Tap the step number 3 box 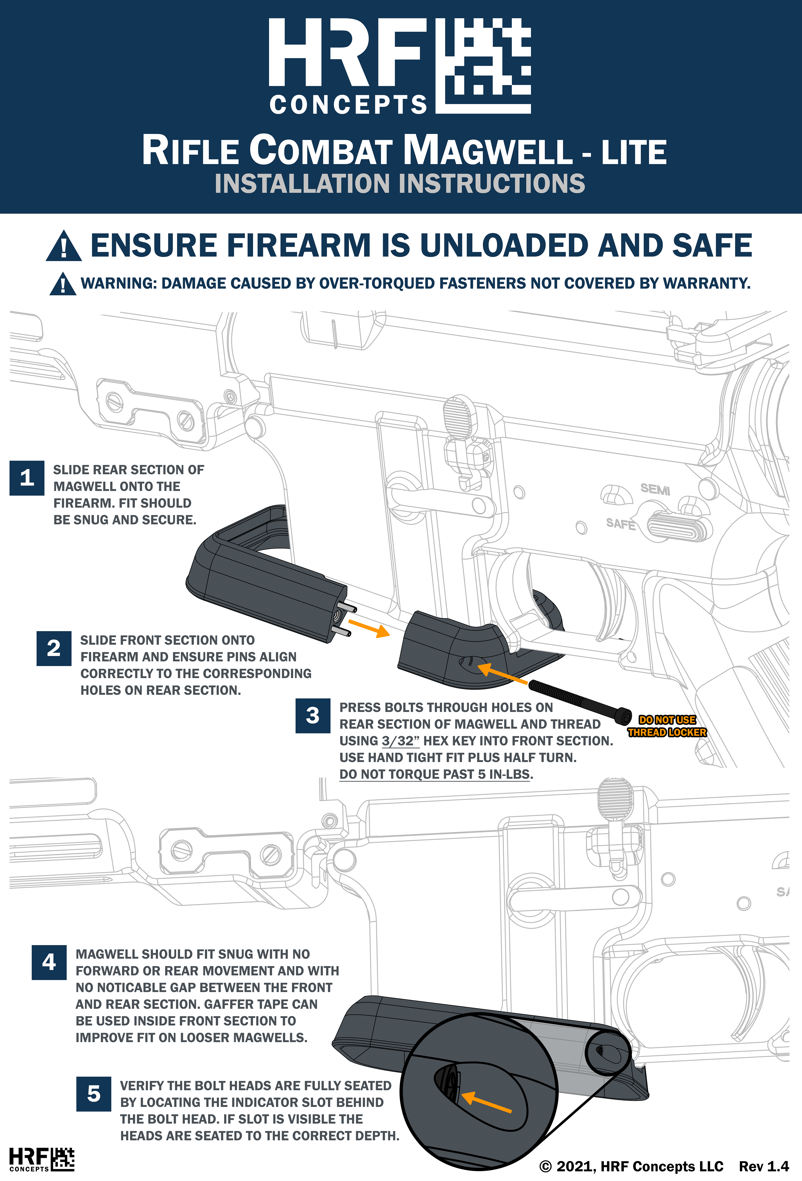point(313,715)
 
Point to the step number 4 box point(49,962)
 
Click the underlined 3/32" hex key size point(401,741)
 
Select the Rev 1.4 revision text point(764,1166)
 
